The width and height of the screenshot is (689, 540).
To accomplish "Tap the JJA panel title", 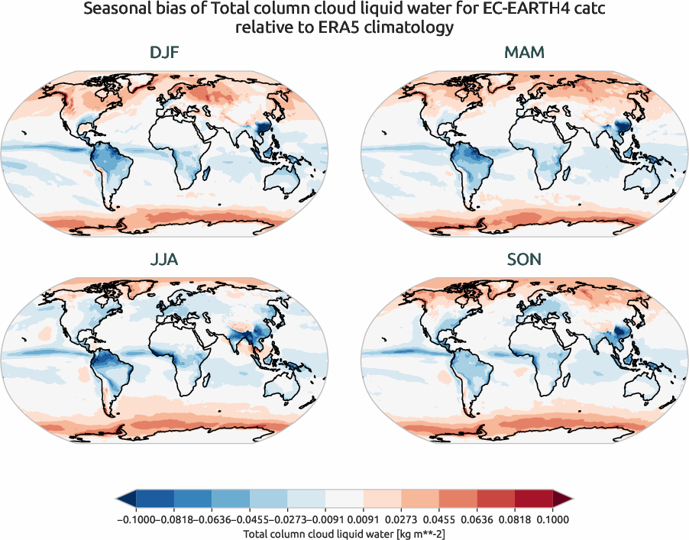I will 165,260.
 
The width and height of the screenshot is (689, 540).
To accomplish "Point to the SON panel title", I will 524,260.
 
